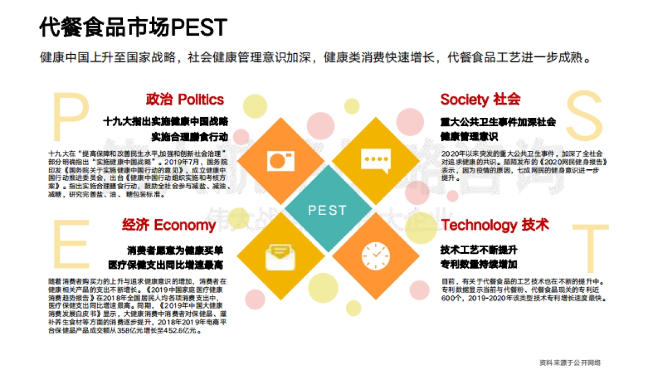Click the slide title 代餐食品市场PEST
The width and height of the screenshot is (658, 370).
click(x=133, y=27)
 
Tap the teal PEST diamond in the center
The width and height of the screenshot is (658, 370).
click(x=328, y=210)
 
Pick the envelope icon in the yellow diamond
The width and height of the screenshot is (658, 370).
click(x=281, y=256)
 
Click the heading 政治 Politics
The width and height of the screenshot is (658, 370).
click(x=185, y=99)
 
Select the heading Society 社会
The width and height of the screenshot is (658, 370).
click(x=480, y=99)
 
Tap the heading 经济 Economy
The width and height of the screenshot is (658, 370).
click(x=169, y=225)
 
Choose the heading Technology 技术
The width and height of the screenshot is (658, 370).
click(x=495, y=225)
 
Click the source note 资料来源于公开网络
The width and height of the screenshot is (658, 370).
click(x=570, y=362)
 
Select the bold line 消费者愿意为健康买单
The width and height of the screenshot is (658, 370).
click(x=175, y=251)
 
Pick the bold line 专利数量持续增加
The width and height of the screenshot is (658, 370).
click(x=479, y=265)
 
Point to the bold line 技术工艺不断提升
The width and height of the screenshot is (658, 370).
click(x=479, y=250)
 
